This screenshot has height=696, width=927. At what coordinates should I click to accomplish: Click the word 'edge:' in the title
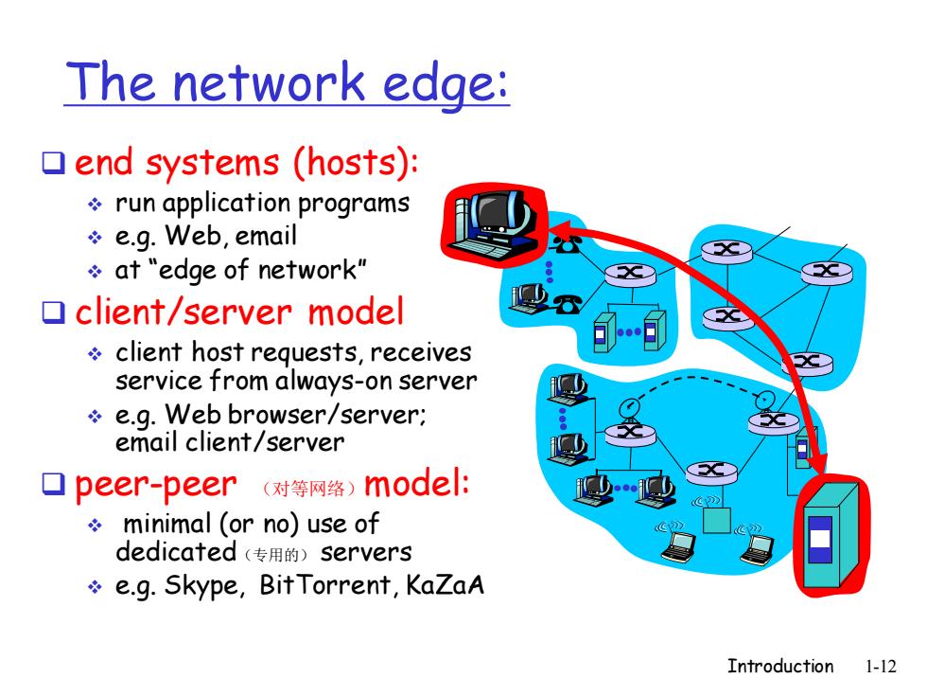pos(446,83)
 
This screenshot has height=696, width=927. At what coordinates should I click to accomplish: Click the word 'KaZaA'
pos(446,585)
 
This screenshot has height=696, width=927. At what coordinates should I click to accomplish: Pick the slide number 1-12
pos(881,667)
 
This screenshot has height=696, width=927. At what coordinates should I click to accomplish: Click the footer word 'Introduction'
pos(780,666)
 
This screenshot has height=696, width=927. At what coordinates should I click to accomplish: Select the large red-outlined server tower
pos(831,535)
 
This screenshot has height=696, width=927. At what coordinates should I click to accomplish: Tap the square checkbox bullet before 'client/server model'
pos(53,312)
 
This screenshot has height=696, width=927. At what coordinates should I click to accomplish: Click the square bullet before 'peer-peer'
pos(53,484)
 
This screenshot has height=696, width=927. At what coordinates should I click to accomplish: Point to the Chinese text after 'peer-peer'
pos(309,489)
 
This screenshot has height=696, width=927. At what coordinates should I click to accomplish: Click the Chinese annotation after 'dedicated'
pos(276,555)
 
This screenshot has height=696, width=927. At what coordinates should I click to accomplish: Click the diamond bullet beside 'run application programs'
pos(95,205)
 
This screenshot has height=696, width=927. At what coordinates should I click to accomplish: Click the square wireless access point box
pos(717,520)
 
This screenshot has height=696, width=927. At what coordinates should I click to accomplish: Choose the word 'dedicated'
pos(176,551)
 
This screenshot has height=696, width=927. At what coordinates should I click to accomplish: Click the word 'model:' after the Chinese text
pos(417,484)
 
